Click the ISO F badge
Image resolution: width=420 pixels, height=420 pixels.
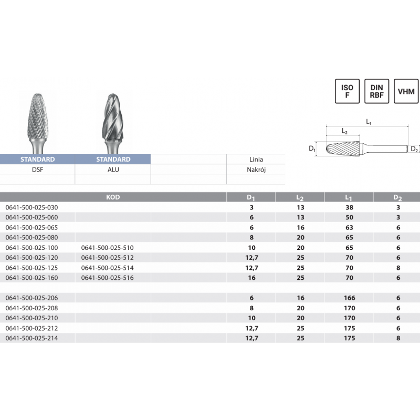(347, 91)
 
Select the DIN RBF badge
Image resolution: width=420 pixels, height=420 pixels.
(376, 91)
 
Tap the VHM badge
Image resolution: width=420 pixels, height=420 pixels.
(406, 91)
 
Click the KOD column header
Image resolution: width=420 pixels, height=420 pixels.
(113, 197)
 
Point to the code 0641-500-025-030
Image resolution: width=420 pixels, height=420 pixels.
(31, 207)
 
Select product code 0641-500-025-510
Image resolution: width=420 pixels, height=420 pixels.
(108, 247)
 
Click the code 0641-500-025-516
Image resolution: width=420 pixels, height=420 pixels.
(108, 278)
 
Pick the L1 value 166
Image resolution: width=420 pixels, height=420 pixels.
(350, 298)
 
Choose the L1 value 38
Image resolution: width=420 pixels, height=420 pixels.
(349, 207)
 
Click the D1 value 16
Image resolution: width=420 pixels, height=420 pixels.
(251, 278)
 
